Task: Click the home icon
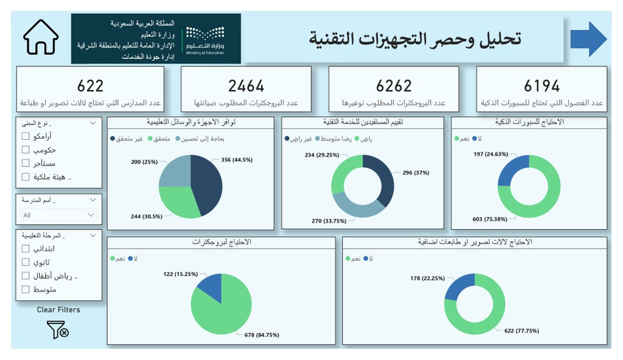[x=41, y=38]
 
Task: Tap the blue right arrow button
[x=588, y=39]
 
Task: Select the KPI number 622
[x=91, y=86]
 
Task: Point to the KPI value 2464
[x=246, y=86]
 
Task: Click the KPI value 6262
[x=394, y=86]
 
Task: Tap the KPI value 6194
[x=541, y=86]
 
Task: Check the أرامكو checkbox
[x=26, y=136]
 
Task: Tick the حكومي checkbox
[x=26, y=150]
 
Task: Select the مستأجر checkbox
[x=26, y=163]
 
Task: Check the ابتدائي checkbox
[x=26, y=249]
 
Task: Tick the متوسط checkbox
[x=26, y=289]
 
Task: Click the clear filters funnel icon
[x=58, y=330]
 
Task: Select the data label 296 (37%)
[x=416, y=173]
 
